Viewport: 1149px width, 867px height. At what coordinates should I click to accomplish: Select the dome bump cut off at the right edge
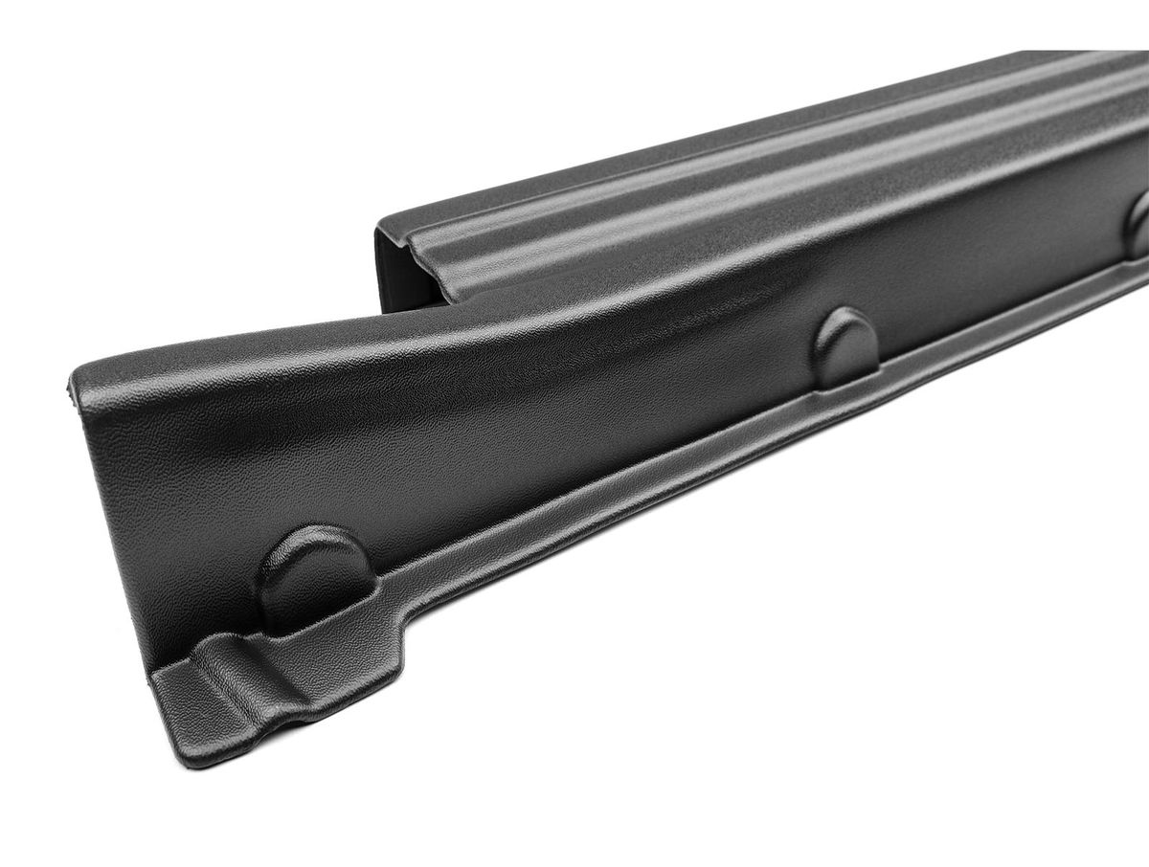pyautogui.click(x=1138, y=224)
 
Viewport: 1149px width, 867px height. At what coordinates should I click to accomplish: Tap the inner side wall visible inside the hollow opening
pyautogui.click(x=387, y=278)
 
